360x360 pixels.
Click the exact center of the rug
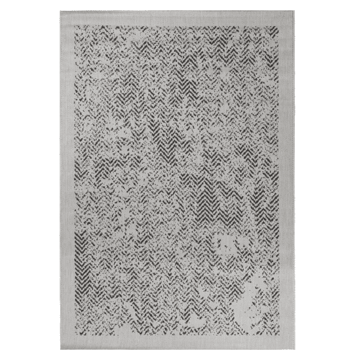179,179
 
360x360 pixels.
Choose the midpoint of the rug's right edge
301,179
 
